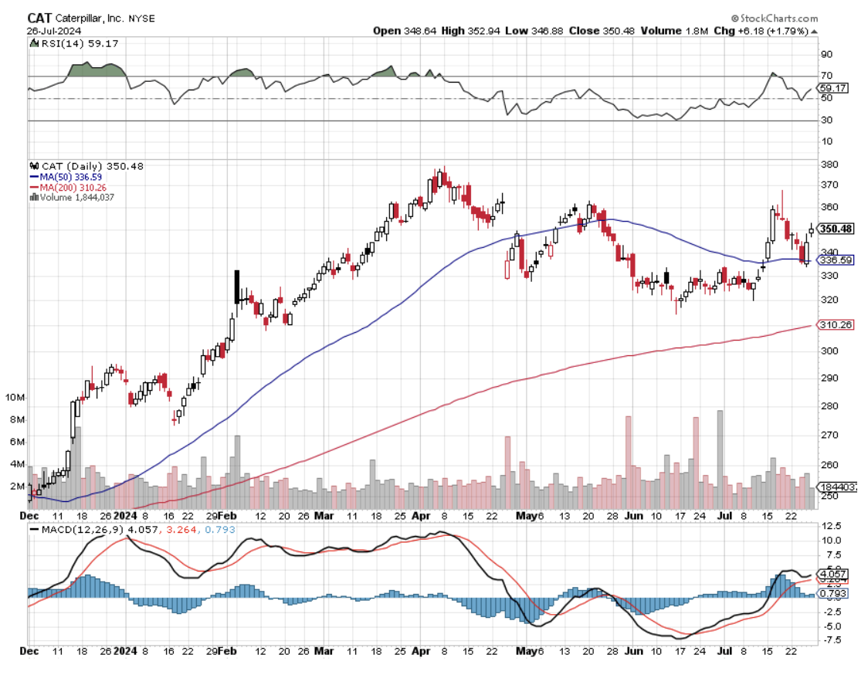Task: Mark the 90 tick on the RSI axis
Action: (x=826, y=54)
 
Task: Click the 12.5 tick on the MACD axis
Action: (x=831, y=526)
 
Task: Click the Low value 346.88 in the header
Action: (x=544, y=31)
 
